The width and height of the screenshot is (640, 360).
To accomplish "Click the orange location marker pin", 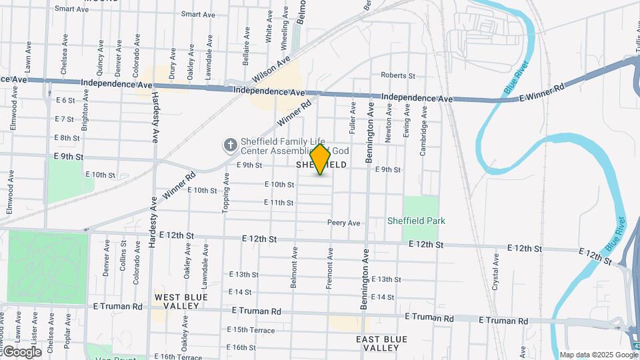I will [x=321, y=159].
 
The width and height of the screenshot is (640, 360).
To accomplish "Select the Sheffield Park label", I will [x=417, y=221].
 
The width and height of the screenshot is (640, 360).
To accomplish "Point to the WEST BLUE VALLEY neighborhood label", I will [x=177, y=301].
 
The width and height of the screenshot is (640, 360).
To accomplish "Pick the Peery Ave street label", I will [x=343, y=223].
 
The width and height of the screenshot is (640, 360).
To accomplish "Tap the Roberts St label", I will [x=397, y=76].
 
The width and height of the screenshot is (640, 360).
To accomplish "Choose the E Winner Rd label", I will [x=541, y=92].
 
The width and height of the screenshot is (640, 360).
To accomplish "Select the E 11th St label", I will [x=279, y=203].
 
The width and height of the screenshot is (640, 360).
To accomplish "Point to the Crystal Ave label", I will [x=495, y=270].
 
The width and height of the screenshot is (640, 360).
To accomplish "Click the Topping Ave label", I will [x=226, y=193].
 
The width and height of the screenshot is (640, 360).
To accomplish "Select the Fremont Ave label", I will [x=329, y=268].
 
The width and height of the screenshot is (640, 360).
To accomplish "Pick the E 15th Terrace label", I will [x=251, y=330].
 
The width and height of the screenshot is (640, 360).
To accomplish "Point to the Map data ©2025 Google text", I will [x=598, y=355].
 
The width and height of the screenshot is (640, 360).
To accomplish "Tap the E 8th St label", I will [x=67, y=138].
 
